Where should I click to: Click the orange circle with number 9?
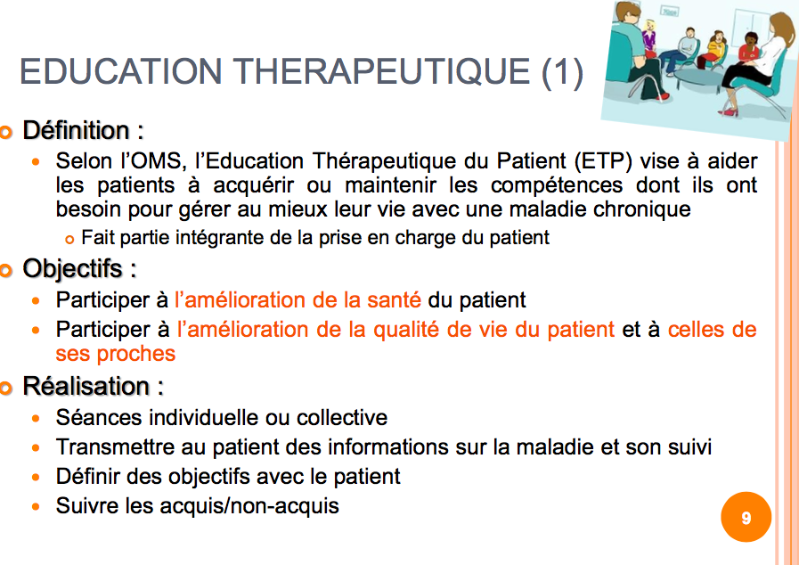(x=746, y=517)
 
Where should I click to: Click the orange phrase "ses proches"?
(x=116, y=354)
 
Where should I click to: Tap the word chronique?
(x=639, y=209)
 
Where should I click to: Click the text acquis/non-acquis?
(x=249, y=506)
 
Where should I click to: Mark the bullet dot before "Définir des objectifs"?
(x=36, y=478)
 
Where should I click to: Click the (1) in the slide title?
(x=562, y=71)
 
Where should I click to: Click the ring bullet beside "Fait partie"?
(x=69, y=239)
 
